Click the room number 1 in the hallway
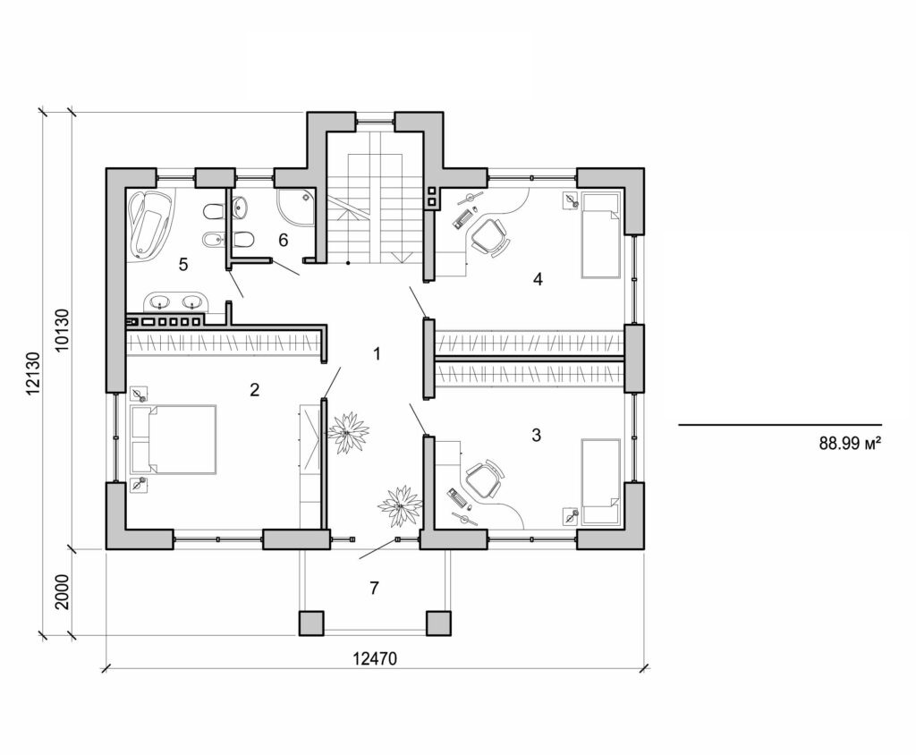377,354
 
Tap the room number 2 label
255,389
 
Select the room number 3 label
536,436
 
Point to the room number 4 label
538,279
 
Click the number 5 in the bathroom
182,264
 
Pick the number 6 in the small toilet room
283,240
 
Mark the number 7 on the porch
375,588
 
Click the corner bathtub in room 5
150,224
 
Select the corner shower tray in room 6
296,208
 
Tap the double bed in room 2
174,438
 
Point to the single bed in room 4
600,234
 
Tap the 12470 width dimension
375,657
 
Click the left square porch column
311,623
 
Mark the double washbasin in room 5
175,301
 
